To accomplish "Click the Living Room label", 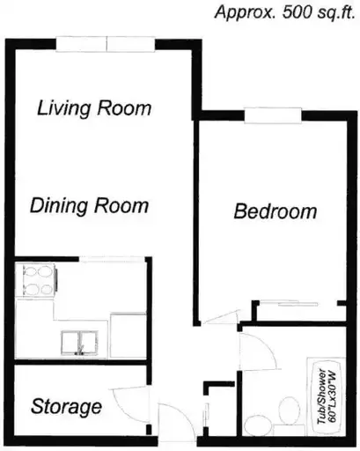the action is pyautogui.click(x=94, y=108).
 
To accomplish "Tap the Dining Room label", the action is pyautogui.click(x=90, y=205).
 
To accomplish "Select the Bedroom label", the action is pyautogui.click(x=276, y=211).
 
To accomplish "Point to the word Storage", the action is pyautogui.click(x=66, y=407).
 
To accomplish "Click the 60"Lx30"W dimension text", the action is pyautogui.click(x=332, y=396).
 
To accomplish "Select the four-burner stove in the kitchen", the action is pyautogui.click(x=36, y=281).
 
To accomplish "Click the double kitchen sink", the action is pyautogui.click(x=79, y=343).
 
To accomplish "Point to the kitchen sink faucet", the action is pyautogui.click(x=79, y=351).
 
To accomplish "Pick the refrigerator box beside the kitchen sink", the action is pyautogui.click(x=128, y=336).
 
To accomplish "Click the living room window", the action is pyautogui.click(x=106, y=44).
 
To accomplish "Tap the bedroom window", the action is pyautogui.click(x=273, y=115).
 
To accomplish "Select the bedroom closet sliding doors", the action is pyautogui.click(x=298, y=304).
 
